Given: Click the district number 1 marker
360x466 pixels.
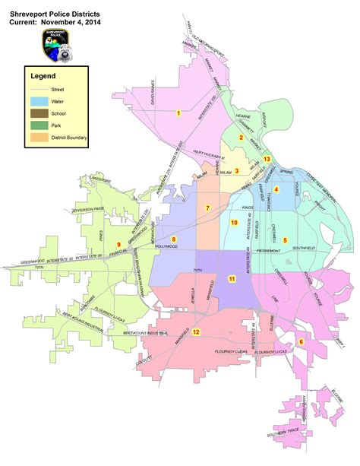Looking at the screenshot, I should (x=178, y=113).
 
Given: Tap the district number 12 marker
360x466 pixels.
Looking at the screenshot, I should (x=196, y=332).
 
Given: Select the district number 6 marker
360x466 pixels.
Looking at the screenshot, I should (x=300, y=341).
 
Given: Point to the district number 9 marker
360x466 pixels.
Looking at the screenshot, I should (x=118, y=244).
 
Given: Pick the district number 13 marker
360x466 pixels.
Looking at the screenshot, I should (x=267, y=158).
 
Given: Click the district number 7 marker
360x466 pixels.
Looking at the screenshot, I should (x=207, y=208).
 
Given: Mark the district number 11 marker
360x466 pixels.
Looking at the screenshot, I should (x=232, y=279).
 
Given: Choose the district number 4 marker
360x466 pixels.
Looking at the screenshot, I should (x=276, y=189).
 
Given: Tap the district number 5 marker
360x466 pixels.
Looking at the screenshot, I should (x=285, y=240).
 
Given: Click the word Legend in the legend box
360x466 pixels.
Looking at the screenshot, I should (x=43, y=76).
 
